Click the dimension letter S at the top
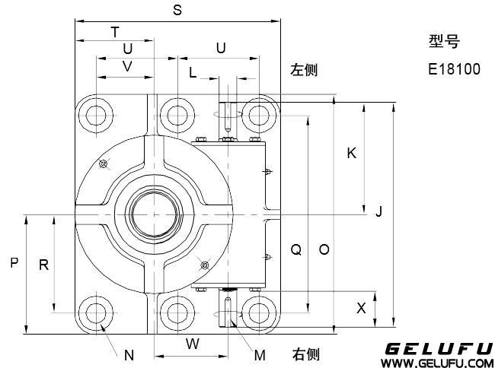(x=177, y=10)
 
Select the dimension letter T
(x=115, y=32)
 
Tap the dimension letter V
(x=127, y=66)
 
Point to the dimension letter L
(x=193, y=73)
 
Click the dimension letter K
(x=351, y=154)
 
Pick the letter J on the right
(x=378, y=212)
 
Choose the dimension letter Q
(x=297, y=249)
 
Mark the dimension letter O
(x=324, y=249)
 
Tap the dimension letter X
(x=362, y=308)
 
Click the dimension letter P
(x=14, y=264)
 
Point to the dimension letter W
(x=193, y=344)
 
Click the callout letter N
(x=129, y=354)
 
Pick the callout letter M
(x=260, y=354)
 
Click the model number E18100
(x=454, y=69)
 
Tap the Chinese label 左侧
(x=304, y=70)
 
